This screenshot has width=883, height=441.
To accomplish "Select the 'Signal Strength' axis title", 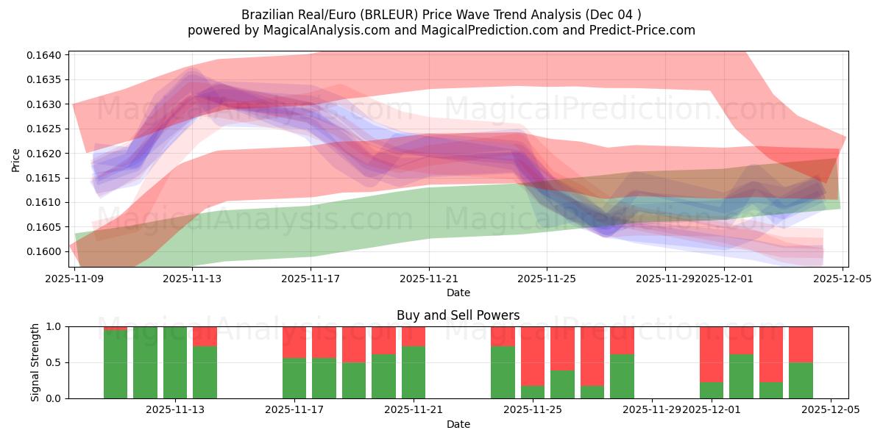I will pos(35,362).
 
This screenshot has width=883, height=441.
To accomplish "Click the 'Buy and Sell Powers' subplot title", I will pos(458,315).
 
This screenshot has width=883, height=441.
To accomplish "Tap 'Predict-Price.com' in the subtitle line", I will pos(645,30).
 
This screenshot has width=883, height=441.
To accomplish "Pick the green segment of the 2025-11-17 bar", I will pos(294,378).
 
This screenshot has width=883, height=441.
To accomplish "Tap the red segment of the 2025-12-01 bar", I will pos(712,354).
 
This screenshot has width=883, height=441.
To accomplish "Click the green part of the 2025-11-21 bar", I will pos(414,372).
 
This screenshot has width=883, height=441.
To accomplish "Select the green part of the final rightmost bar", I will pos(801,380).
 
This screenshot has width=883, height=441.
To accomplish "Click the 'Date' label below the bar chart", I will pos(458,424).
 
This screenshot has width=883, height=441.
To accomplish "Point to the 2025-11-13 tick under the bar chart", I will pos(175,409).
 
